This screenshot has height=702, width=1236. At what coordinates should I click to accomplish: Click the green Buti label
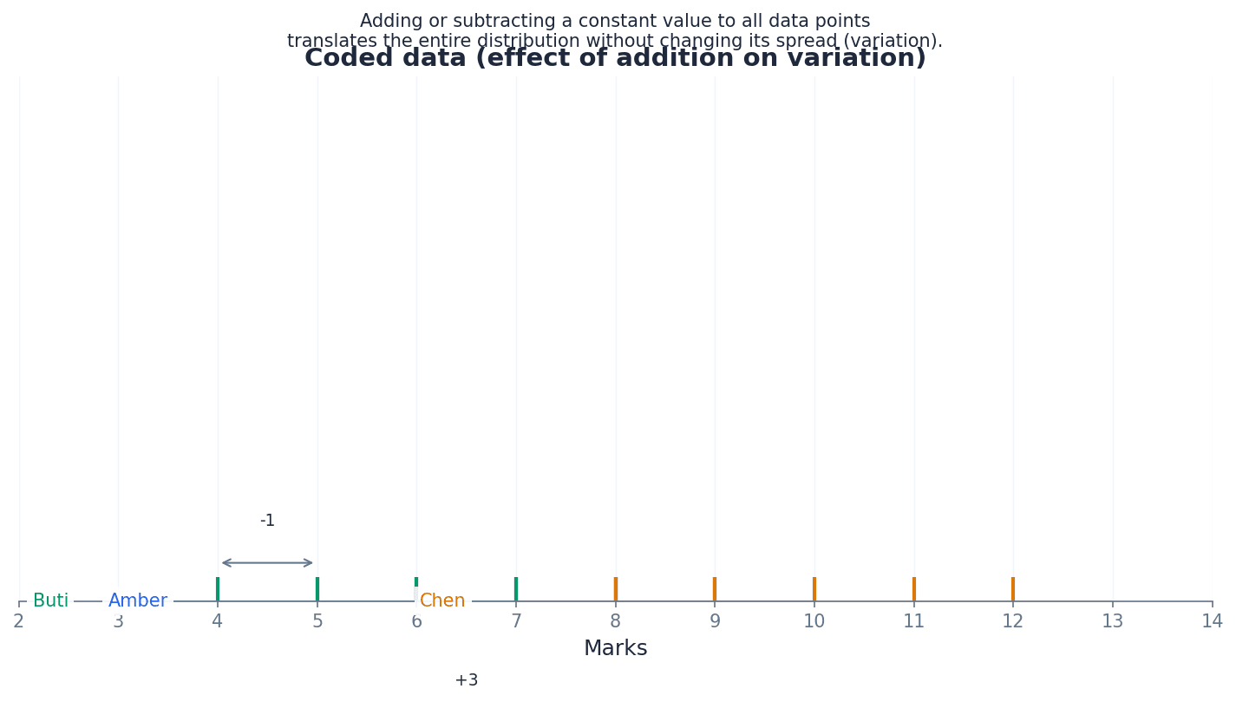click(x=50, y=600)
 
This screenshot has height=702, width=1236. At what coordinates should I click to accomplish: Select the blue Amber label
click(x=138, y=600)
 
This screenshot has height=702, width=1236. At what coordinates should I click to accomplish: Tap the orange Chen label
click(x=442, y=600)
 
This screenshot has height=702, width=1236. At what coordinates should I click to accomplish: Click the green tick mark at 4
click(x=218, y=589)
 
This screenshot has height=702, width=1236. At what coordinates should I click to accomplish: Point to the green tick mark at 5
click(x=317, y=589)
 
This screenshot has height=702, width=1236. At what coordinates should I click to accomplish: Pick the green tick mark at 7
click(x=516, y=589)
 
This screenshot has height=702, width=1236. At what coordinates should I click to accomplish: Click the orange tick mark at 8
click(x=616, y=589)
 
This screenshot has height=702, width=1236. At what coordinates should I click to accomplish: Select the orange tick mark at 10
click(x=814, y=589)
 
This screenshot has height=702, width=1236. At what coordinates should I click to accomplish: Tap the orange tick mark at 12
click(x=1012, y=589)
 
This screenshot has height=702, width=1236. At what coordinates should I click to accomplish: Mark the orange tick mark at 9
click(x=715, y=589)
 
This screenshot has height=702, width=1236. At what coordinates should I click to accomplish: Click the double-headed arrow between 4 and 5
click(x=267, y=563)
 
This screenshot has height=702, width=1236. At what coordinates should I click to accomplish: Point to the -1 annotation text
click(x=267, y=521)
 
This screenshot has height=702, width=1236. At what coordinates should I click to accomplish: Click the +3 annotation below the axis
click(x=467, y=680)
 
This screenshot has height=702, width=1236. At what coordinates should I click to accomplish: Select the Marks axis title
click(x=615, y=649)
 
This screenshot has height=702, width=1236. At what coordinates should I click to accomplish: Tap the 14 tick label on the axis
click(x=1212, y=621)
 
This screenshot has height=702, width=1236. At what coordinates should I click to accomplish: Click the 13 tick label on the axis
click(x=1112, y=621)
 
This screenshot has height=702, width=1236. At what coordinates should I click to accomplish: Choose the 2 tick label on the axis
click(x=18, y=621)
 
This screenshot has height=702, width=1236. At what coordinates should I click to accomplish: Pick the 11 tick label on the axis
click(x=913, y=621)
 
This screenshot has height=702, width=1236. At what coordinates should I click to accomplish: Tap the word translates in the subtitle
click(x=328, y=42)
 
